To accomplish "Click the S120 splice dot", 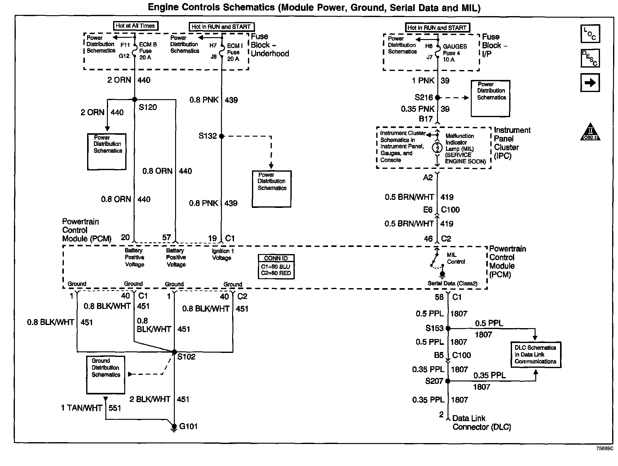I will click(135, 99).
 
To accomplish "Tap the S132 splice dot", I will click(221, 136).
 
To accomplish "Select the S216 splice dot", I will click(437, 98).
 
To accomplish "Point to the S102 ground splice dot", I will click(174, 352).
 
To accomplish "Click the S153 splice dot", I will click(448, 328).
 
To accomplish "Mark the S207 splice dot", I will click(448, 381).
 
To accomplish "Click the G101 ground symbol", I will click(174, 428).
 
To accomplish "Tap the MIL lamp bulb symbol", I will click(437, 148).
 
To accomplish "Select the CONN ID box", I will click(276, 266).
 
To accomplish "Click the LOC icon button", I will click(590, 34).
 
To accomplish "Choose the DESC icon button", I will click(590, 58).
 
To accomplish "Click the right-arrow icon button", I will click(590, 83).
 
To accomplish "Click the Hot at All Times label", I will click(135, 26).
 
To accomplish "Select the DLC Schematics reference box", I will click(536, 354).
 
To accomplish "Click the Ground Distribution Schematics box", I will click(106, 375).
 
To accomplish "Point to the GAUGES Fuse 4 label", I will click(454, 53).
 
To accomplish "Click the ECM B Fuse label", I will click(148, 51).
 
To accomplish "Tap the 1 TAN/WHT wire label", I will click(82, 408).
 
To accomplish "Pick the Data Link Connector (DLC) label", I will click(481, 423).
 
